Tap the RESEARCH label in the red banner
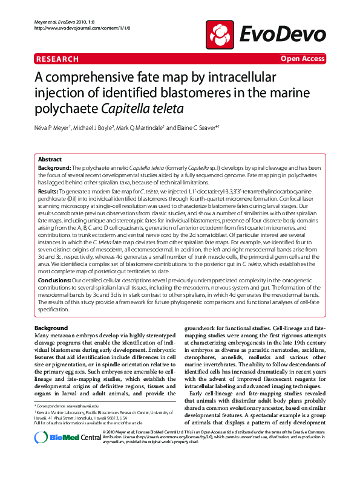click(x=57, y=59)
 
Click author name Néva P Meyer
click(x=53, y=128)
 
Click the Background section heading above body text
click(x=51, y=327)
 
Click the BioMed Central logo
click(x=67, y=453)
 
